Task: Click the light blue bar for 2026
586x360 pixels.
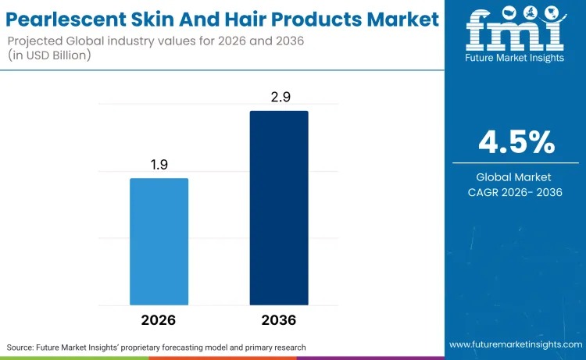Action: [x=159, y=241]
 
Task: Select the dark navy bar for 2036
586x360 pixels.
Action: [x=279, y=208]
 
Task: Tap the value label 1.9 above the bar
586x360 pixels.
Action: [x=159, y=165]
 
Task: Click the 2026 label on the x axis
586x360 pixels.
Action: [x=159, y=320]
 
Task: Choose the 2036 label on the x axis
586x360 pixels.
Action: [x=279, y=320]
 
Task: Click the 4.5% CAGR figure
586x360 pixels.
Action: [x=516, y=142]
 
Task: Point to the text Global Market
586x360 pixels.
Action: [x=516, y=177]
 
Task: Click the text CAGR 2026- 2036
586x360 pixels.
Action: [x=516, y=193]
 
